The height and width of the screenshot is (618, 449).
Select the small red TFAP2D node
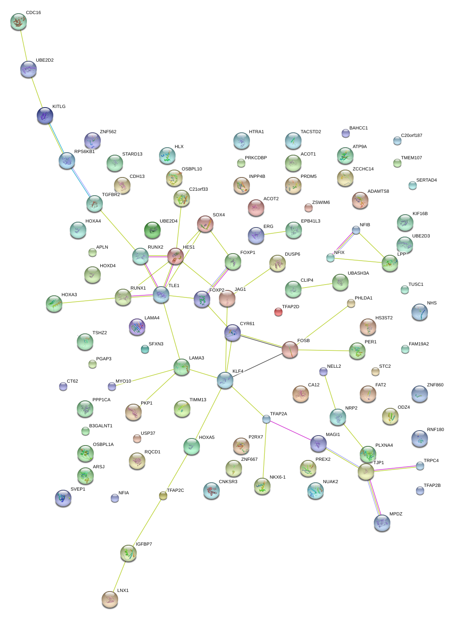pos(278,311)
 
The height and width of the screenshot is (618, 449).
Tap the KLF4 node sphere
pos(225,380)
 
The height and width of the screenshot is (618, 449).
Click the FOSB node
pos(290,350)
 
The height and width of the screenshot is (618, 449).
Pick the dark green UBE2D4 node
pos(152,230)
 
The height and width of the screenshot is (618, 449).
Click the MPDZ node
pos(382,522)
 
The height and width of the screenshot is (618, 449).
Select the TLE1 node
pos(161,294)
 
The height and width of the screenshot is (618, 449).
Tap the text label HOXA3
pos(69,295)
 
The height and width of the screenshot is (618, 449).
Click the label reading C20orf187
pos(411,136)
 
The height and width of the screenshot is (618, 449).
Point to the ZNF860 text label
pos(435,385)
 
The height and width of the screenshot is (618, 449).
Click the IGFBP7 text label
pos(144,544)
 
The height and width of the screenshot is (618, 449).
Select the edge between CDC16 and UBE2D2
pos(23,45)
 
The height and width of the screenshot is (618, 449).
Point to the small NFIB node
pos(356,230)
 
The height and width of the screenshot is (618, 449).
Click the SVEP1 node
pos(63,498)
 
